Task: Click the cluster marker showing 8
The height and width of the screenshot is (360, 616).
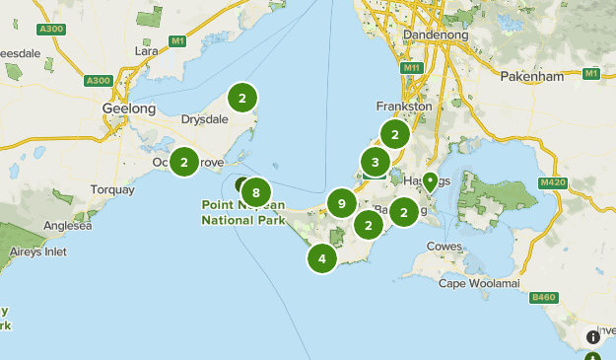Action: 256,192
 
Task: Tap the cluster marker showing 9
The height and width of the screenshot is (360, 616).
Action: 342,204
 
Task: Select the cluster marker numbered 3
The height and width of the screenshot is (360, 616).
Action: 375,162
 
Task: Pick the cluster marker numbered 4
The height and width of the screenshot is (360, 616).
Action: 322,258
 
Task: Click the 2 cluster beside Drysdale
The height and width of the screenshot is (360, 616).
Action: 241,98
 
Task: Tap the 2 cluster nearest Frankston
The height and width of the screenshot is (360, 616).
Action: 394,135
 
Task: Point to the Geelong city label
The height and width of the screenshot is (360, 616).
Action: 129,108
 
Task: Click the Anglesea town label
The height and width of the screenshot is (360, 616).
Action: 68,225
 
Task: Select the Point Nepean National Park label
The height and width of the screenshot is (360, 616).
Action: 242,212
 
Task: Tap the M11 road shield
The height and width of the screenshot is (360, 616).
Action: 411,68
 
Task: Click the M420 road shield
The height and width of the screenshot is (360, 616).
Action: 553,183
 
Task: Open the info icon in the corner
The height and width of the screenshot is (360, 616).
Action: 593,336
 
